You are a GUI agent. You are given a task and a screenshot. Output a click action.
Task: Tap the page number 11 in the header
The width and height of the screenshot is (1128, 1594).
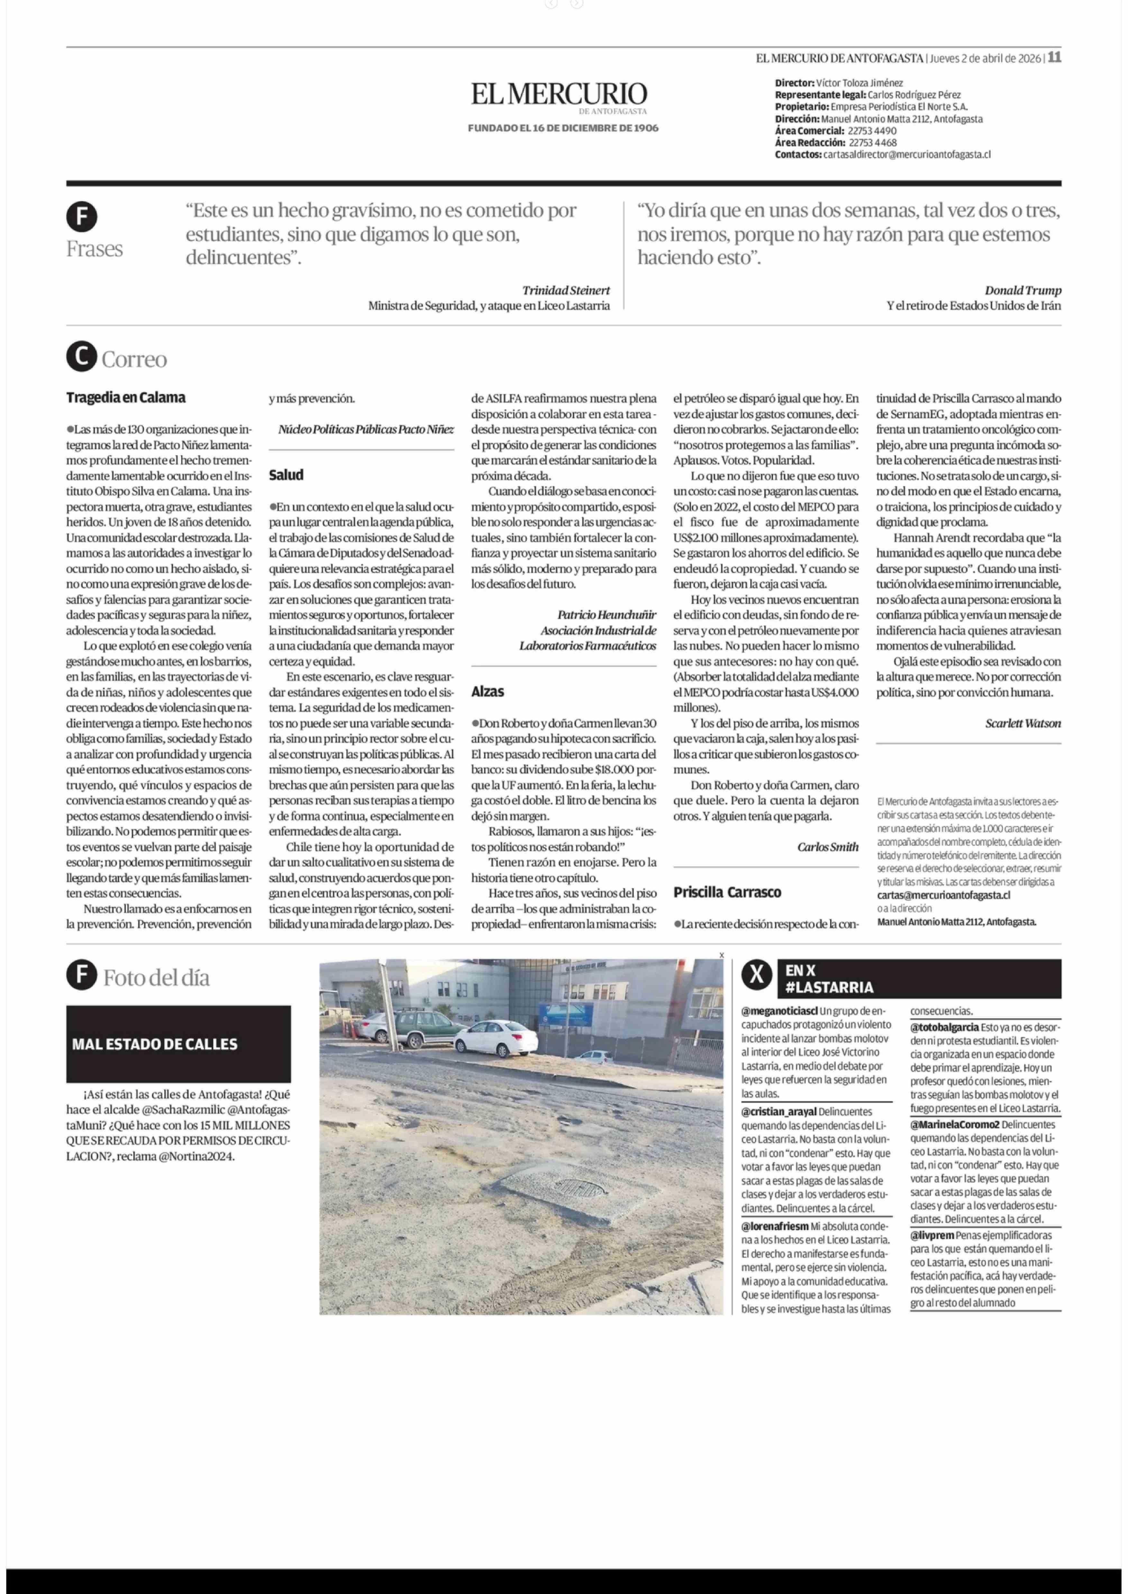(1054, 58)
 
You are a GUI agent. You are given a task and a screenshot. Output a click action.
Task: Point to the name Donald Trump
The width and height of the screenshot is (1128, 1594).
(1023, 290)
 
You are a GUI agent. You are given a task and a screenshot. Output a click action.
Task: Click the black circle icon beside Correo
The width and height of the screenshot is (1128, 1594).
(81, 358)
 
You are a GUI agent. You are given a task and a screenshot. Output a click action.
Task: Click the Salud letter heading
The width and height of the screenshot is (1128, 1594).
(286, 475)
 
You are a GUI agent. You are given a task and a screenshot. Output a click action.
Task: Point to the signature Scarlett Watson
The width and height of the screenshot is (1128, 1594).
(1023, 723)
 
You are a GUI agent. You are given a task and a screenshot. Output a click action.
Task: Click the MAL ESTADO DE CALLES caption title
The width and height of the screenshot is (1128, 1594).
(154, 1044)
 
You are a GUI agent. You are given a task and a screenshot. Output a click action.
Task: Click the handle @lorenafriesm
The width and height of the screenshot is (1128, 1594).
(775, 1227)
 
